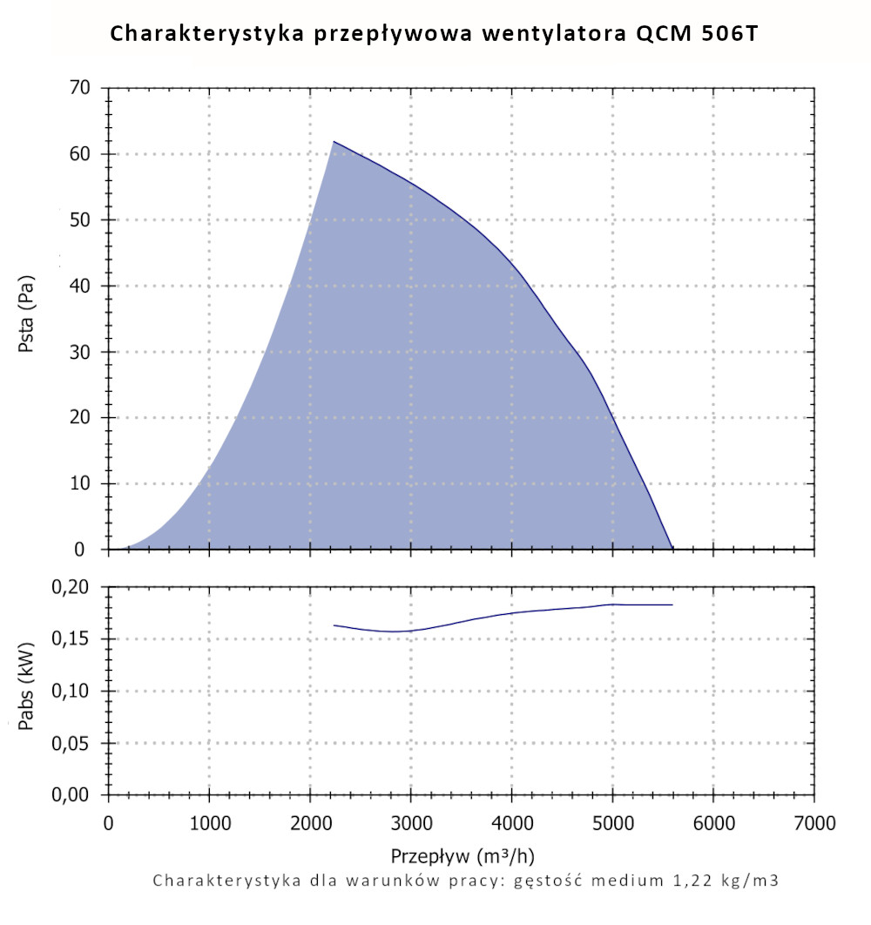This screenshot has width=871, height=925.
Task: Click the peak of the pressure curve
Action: (334, 141)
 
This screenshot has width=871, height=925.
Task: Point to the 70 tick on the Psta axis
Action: (81, 89)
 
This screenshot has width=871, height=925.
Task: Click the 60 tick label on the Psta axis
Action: (81, 154)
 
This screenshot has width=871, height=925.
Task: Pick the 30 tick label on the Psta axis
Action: (81, 352)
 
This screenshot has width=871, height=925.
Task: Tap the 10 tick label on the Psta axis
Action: (81, 484)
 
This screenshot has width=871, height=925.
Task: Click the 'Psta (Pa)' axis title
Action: (26, 320)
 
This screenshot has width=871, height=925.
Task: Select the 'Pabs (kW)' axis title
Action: (26, 691)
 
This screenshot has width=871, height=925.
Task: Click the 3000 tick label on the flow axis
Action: (411, 822)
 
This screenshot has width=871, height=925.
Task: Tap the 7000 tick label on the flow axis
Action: (815, 822)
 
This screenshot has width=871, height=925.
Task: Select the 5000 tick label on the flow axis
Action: (613, 822)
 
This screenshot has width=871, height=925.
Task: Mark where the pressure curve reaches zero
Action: (672, 549)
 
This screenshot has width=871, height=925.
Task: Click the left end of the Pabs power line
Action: (334, 625)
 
